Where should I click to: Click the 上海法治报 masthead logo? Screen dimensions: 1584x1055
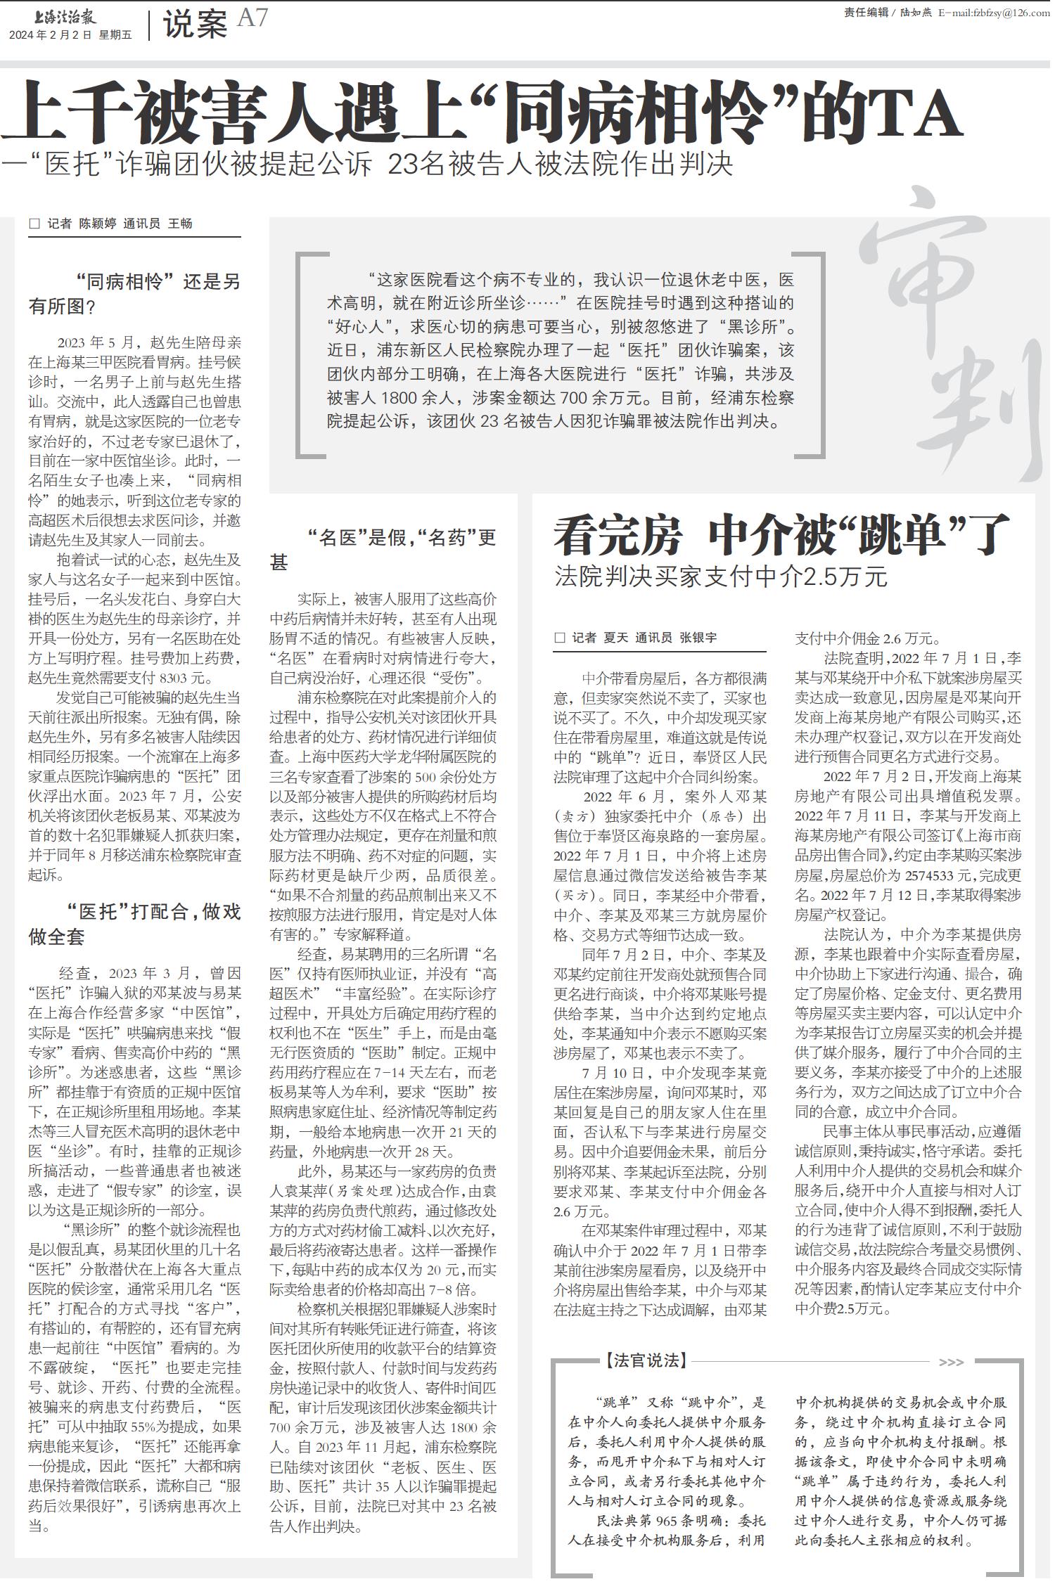tap(52, 15)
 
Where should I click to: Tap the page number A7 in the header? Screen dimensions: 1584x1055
tap(252, 18)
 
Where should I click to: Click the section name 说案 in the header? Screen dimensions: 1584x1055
tap(195, 25)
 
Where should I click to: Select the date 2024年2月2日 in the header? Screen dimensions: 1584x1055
tap(51, 35)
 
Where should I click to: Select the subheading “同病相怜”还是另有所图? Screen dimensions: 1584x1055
tap(134, 294)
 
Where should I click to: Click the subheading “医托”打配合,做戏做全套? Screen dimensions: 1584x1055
tap(134, 924)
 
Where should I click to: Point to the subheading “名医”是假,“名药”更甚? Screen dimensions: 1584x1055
tap(383, 550)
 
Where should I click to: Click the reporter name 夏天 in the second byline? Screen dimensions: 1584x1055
tap(615, 638)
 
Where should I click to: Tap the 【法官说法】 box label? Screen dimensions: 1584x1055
tap(644, 1361)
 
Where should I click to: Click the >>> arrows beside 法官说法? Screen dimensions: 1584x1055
tap(951, 1362)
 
